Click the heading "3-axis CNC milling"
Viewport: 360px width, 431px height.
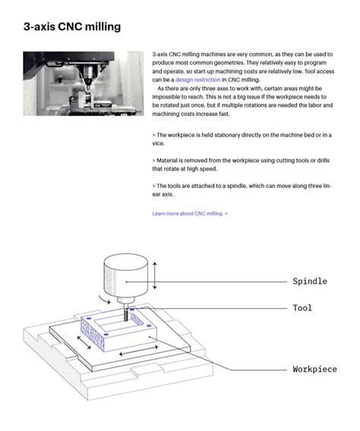pos(72,27)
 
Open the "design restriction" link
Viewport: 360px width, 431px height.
pos(197,80)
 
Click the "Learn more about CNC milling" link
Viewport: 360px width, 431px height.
pos(188,213)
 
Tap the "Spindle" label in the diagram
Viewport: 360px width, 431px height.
pos(310,282)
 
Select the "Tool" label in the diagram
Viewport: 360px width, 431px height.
pos(302,308)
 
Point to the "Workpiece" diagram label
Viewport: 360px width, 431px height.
pos(314,369)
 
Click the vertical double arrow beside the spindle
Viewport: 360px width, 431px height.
pos(155,275)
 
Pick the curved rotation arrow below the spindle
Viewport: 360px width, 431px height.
pos(105,300)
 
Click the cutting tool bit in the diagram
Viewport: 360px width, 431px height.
pos(126,313)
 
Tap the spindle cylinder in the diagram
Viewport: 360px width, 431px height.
pos(125,276)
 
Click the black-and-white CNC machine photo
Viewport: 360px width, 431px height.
pos(84,83)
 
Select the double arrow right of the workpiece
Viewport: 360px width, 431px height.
pos(139,351)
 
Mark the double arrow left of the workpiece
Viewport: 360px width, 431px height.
pos(84,342)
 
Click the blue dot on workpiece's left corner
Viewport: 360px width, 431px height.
pos(89,318)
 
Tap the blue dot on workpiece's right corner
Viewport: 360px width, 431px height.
pos(149,326)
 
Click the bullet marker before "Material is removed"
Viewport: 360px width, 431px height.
pos(153,161)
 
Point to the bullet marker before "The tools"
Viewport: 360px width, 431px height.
pos(153,186)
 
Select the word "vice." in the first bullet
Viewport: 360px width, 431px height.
pos(158,143)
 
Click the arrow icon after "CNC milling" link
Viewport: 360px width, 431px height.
pos(226,213)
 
